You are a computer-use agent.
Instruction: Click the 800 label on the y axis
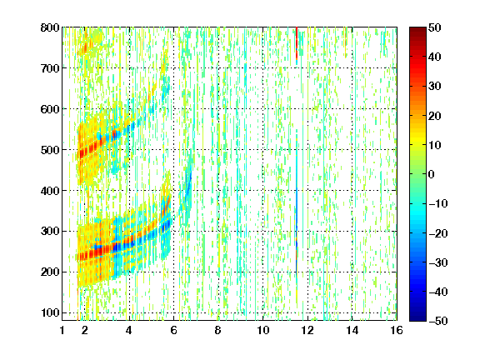[x=50, y=27]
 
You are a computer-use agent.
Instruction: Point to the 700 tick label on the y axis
[x=50, y=68]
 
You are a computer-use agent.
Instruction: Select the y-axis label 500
[x=50, y=150]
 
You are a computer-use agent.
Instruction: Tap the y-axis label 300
[x=50, y=232]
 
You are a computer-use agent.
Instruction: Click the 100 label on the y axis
[x=50, y=312]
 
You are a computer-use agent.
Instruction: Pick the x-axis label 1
[x=62, y=330]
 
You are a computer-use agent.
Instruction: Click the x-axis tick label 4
[x=129, y=330]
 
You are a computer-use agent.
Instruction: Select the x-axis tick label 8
[x=218, y=330]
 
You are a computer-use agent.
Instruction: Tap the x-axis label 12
[x=307, y=330]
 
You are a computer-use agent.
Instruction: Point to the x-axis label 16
[x=397, y=330]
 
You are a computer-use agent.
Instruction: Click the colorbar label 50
[x=435, y=27]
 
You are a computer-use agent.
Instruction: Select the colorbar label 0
[x=432, y=174]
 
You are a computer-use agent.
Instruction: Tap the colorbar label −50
[x=438, y=321]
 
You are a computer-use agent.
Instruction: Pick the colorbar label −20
[x=438, y=233]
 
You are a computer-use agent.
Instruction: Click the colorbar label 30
[x=435, y=87]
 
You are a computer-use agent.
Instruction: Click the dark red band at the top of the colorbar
[x=417, y=33]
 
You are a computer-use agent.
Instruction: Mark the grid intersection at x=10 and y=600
[x=262, y=108]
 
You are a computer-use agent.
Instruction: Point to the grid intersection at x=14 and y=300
[x=352, y=231]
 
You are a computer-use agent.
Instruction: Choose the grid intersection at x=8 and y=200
[x=218, y=272]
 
